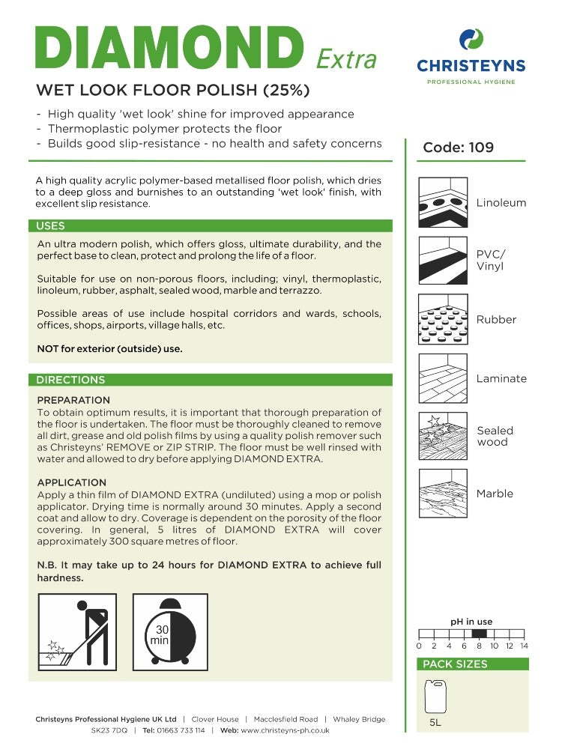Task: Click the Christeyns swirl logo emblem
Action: click(471, 39)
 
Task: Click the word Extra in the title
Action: click(346, 59)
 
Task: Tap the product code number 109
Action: click(481, 147)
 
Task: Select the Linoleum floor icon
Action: click(443, 202)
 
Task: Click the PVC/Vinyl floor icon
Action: click(443, 261)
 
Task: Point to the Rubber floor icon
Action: click(443, 319)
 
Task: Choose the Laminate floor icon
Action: click(443, 378)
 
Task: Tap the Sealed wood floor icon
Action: click(443, 436)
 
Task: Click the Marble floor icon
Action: click(443, 494)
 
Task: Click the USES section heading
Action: click(51, 226)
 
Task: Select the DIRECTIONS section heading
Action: click(70, 380)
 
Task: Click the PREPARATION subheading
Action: click(73, 400)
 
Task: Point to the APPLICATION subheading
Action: click(72, 482)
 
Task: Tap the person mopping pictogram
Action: click(77, 632)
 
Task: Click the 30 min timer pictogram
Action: click(170, 632)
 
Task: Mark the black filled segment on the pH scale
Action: click(480, 634)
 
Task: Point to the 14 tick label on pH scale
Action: click(525, 646)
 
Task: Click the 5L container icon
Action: click(435, 697)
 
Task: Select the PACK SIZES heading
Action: click(455, 664)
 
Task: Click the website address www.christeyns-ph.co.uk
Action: click(285, 730)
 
